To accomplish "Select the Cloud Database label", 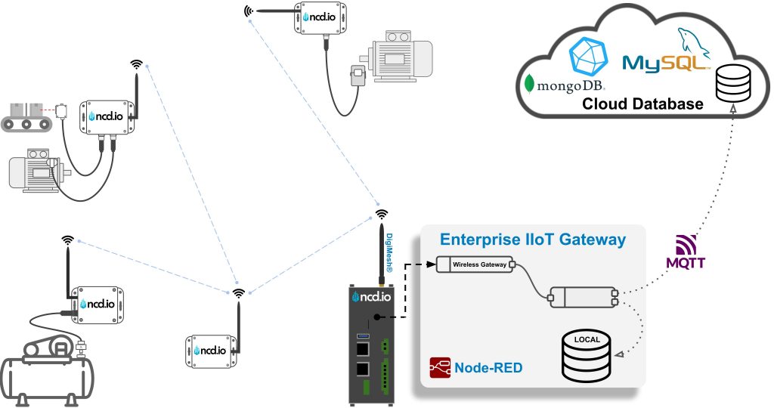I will pos(642,104).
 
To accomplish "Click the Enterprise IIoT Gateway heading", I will pos(532,240).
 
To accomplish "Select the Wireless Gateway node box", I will pos(472,264).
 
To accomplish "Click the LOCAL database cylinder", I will pos(587,355).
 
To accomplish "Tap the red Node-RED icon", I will pos(441,368).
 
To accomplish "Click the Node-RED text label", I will pos(488,368).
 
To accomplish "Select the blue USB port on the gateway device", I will pos(363,335).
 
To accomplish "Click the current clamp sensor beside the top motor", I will pos(356,76).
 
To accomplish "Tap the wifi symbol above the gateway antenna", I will pos(382,214).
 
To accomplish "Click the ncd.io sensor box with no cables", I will pos(212,350).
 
